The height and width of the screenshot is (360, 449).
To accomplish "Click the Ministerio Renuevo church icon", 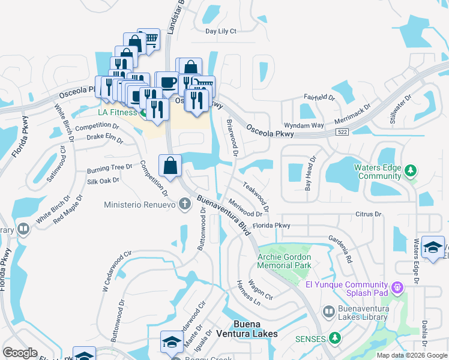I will pyautogui.click(x=185, y=205).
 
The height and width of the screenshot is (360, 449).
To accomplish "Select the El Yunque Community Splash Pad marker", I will pyautogui.click(x=396, y=289).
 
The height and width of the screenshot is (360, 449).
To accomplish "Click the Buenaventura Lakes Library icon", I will pyautogui.click(x=328, y=311).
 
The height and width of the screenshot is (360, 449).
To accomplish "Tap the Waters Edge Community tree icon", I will pyautogui.click(x=411, y=172).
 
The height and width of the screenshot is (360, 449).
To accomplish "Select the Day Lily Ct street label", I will pyautogui.click(x=221, y=31).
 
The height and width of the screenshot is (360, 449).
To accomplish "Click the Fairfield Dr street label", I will pyautogui.click(x=319, y=97).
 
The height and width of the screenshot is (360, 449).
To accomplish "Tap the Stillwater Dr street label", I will pyautogui.click(x=401, y=108).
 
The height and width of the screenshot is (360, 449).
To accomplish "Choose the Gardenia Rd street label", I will pyautogui.click(x=340, y=247).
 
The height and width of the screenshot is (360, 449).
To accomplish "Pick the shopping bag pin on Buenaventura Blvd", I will pyautogui.click(x=170, y=166).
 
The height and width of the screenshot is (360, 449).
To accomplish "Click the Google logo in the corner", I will pyautogui.click(x=20, y=353).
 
